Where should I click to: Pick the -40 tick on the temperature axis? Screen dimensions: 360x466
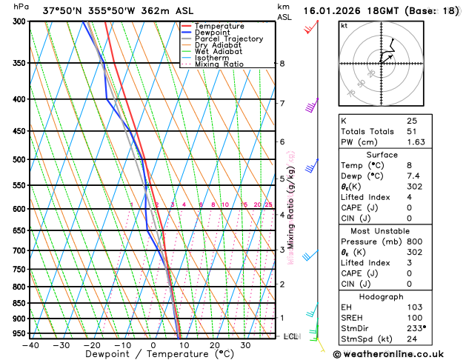(30, 345)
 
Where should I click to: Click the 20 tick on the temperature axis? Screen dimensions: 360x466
(214, 345)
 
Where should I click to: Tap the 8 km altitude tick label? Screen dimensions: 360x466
(282, 64)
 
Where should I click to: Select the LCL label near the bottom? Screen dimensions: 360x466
(291, 336)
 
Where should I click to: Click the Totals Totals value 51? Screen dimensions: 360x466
(413, 131)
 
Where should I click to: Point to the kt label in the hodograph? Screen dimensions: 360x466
(344, 25)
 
